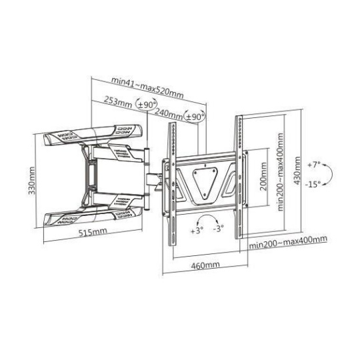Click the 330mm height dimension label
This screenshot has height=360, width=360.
(x=32, y=181)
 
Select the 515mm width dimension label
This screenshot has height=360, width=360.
(x=93, y=231)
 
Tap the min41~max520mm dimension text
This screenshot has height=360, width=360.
(x=147, y=87)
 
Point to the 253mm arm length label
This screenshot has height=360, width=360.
(x=118, y=103)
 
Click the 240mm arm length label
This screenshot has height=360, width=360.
(x=169, y=114)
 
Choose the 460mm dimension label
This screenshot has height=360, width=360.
(x=205, y=265)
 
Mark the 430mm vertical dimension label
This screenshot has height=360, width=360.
(x=297, y=171)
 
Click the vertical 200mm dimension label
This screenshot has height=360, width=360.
(x=263, y=176)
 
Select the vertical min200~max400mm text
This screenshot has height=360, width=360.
(x=280, y=172)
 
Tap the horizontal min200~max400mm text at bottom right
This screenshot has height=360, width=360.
(x=288, y=242)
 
